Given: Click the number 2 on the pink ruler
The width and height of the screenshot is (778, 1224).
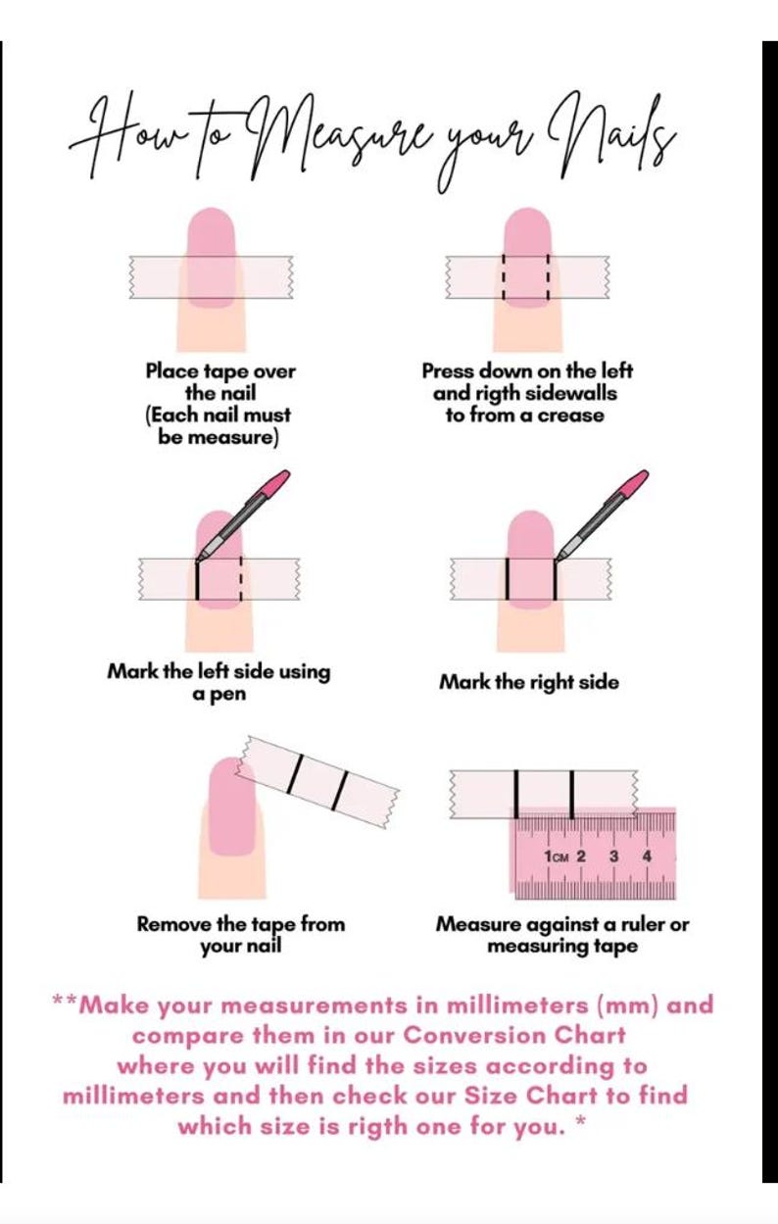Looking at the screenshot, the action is tap(581, 856).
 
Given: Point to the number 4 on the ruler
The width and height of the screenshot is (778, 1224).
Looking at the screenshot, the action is tap(647, 856).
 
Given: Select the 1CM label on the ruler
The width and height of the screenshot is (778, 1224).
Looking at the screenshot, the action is tap(557, 857).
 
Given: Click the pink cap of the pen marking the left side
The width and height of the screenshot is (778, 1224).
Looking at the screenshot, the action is tap(277, 481).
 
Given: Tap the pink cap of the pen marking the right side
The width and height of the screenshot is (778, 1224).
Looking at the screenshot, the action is tap(636, 481).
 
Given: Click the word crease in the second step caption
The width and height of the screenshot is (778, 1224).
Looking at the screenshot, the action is tap(571, 416).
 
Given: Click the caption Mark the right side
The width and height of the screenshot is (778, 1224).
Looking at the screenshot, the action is tap(529, 682).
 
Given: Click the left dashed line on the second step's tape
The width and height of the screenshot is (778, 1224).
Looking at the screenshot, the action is tap(504, 277).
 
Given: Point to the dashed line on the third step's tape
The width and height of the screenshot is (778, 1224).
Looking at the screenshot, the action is tap(241, 579).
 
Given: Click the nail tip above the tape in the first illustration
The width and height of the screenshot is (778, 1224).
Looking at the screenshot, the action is tap(212, 232).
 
